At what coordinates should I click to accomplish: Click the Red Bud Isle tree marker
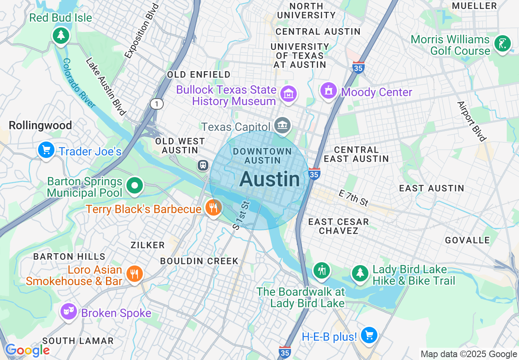(x=61, y=35)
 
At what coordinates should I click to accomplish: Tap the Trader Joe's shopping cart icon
(x=46, y=150)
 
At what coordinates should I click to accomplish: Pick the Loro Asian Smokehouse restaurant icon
(x=134, y=273)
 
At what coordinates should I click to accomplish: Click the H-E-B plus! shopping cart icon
(x=369, y=335)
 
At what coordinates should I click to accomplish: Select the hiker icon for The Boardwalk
(x=322, y=270)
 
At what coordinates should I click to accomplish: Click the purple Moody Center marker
(x=329, y=91)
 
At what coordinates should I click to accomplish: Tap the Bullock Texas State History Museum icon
(x=289, y=94)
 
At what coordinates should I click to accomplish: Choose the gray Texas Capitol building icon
(x=282, y=125)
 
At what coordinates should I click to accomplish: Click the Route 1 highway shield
(x=156, y=104)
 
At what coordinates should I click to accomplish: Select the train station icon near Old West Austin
(x=203, y=165)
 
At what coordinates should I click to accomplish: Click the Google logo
(x=27, y=350)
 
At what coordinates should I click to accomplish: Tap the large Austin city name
(x=269, y=179)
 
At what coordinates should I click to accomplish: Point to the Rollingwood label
(x=40, y=125)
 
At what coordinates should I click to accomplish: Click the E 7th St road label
(x=354, y=198)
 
